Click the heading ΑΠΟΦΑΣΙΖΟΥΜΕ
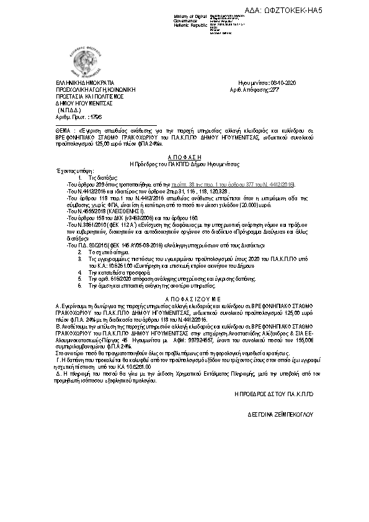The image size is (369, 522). click(185, 298)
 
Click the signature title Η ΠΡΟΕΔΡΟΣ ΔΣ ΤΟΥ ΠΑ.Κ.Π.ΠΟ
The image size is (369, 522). click(275, 394)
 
